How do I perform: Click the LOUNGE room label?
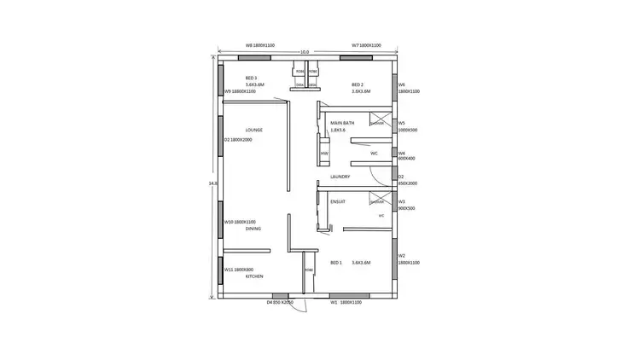253,130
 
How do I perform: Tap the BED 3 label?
251,78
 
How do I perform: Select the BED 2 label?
358,85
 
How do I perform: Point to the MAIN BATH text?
342,123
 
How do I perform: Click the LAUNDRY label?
340,177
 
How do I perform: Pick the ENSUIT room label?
338,201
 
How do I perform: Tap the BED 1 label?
335,262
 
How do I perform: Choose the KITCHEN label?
254,276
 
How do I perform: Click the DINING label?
253,229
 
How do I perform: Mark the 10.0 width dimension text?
305,52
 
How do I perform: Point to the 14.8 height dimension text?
212,182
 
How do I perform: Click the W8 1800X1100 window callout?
259,45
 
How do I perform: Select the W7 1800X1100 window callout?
366,45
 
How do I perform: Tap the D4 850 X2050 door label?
280,302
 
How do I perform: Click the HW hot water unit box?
324,152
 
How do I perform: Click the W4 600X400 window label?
406,155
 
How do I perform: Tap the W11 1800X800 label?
238,270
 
